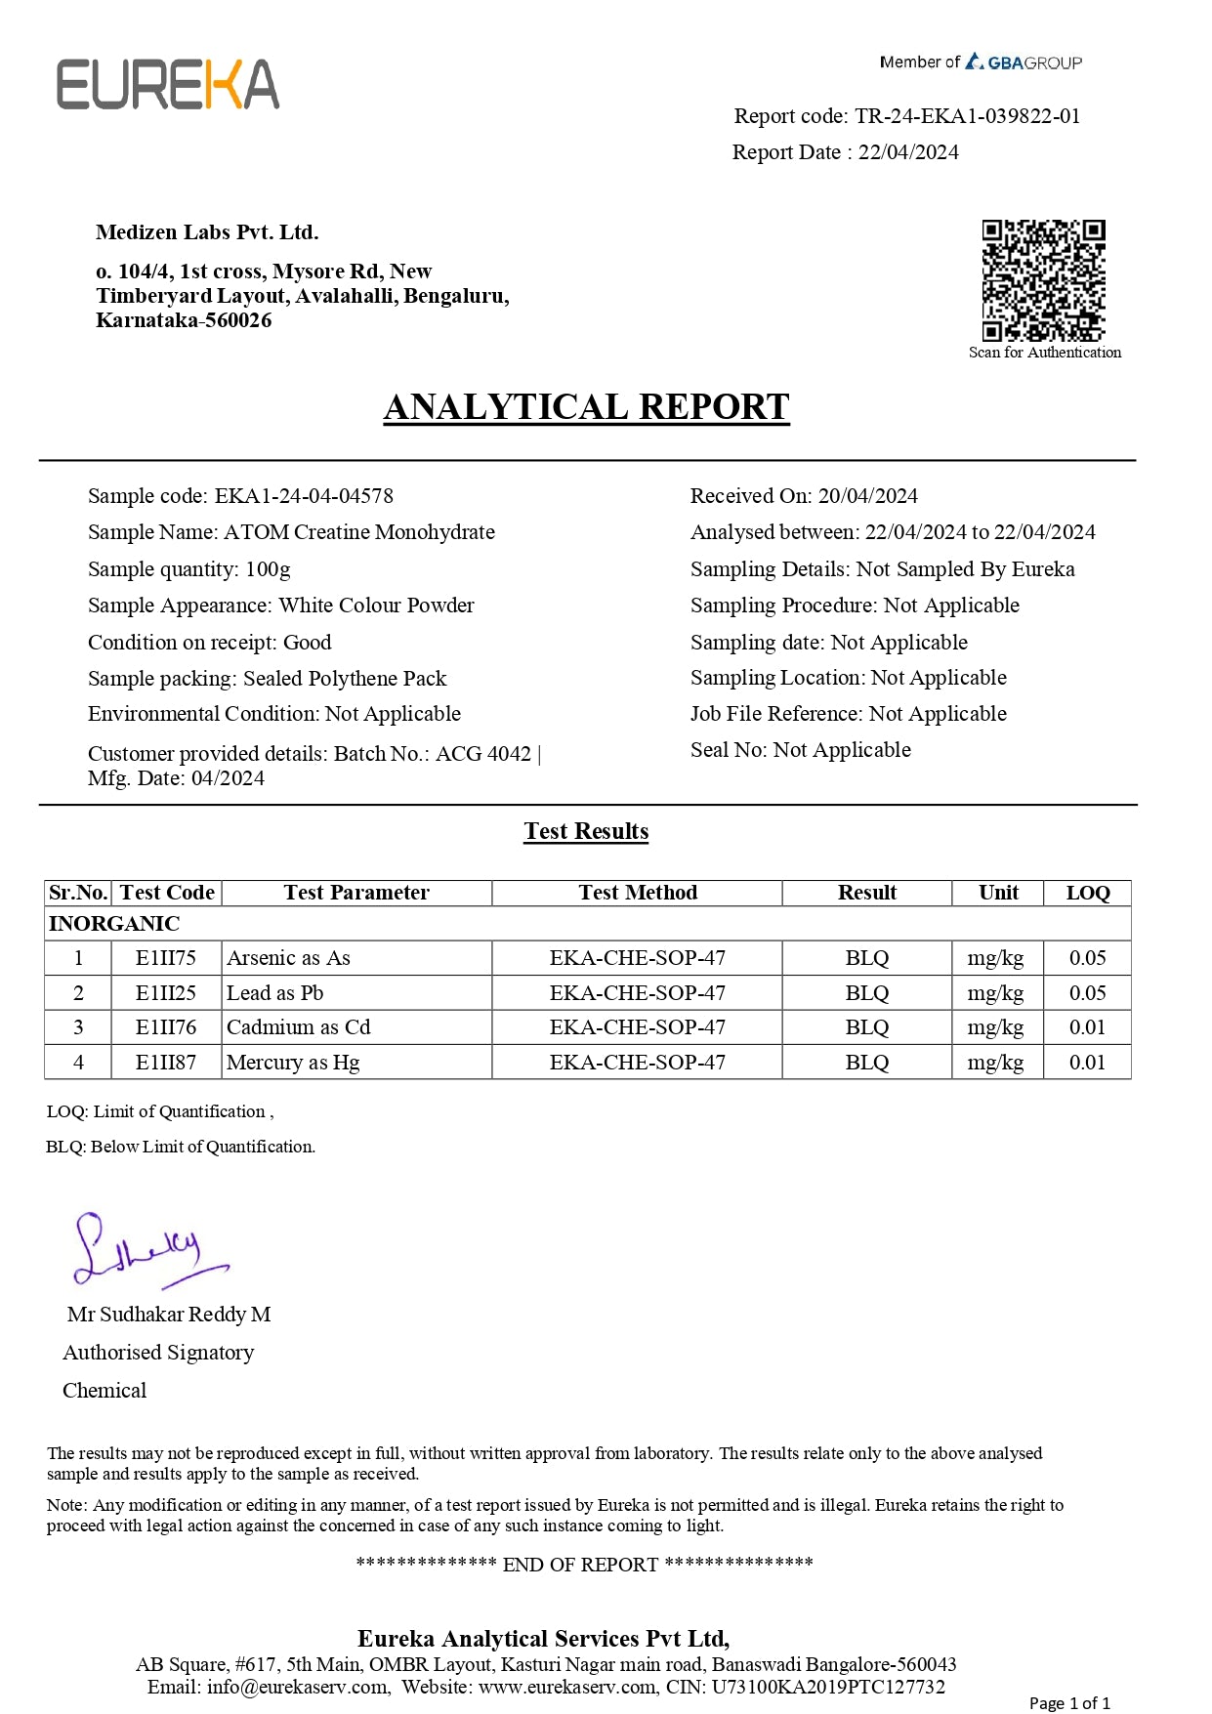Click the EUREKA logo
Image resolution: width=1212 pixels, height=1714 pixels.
[168, 85]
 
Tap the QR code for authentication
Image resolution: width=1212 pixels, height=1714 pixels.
[1043, 280]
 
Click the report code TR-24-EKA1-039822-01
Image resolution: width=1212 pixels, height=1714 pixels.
[967, 116]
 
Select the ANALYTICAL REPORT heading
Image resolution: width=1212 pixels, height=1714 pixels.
[586, 407]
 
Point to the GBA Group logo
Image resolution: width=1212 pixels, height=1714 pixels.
[1024, 63]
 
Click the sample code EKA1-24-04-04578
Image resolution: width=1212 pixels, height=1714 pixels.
[304, 496]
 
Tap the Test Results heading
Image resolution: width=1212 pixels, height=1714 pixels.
[586, 831]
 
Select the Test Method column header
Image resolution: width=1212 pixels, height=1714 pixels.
[638, 893]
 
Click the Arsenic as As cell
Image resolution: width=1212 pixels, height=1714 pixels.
[288, 958]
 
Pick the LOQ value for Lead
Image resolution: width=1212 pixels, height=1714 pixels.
[1087, 993]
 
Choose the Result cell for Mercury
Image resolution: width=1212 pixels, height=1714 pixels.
[866, 1063]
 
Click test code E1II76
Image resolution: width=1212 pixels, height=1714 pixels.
[166, 1027]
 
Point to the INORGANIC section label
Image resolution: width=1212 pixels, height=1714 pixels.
[114, 924]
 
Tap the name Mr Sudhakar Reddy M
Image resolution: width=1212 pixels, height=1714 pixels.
[169, 1315]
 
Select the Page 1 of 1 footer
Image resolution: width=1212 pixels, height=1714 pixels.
[1069, 1703]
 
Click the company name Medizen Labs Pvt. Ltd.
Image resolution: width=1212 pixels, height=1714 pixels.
[207, 232]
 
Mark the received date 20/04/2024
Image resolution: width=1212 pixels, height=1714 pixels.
[867, 496]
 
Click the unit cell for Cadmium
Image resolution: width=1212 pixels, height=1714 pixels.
[995, 1027]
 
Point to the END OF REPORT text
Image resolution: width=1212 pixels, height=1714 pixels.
[580, 1565]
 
